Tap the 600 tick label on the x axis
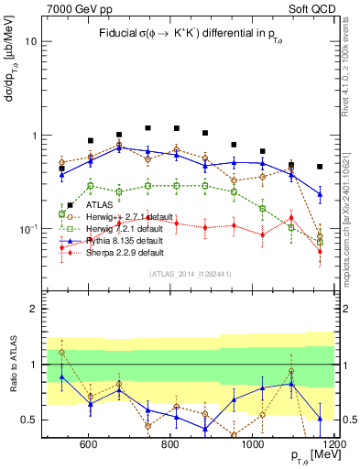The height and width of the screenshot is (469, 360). (x=89, y=445)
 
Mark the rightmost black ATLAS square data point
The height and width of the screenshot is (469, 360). (x=320, y=167)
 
